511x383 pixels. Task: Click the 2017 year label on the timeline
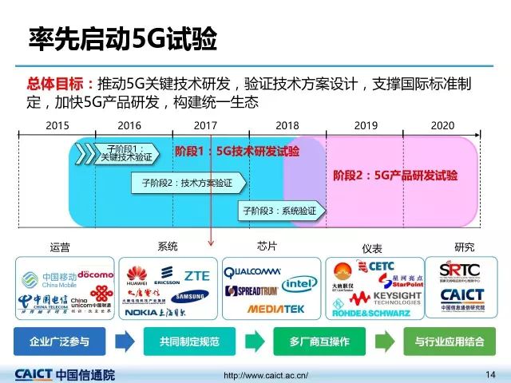click(205, 125)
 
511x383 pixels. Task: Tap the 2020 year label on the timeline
click(442, 125)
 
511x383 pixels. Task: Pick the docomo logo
click(95, 274)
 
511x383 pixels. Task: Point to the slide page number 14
click(490, 374)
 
